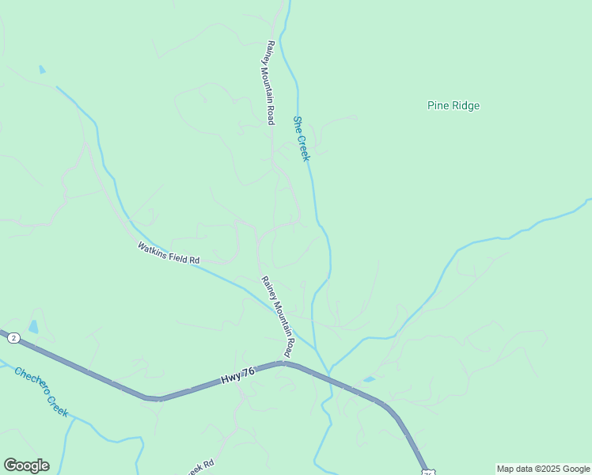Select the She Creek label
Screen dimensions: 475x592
301,139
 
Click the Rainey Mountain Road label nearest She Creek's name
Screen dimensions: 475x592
269,82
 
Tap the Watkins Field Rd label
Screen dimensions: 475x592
169,253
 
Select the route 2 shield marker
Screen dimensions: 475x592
13,338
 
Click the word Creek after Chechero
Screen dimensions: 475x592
56,404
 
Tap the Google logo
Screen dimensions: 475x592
26,465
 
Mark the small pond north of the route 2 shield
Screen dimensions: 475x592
33,326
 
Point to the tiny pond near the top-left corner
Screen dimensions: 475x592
42,70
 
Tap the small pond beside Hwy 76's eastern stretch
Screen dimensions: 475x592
369,379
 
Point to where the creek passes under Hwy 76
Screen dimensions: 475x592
328,374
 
